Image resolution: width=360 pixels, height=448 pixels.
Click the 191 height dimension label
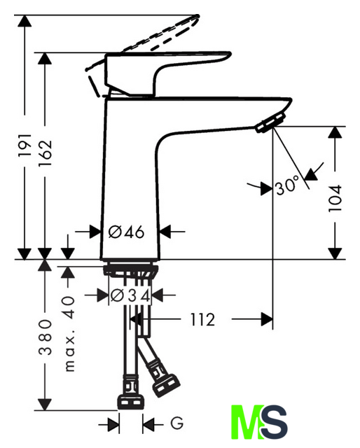pos(25,144)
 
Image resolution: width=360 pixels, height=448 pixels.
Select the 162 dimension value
pos(45,153)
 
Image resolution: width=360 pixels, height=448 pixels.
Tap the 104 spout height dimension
pos(335,198)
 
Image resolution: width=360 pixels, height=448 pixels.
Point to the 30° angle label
pos(287,185)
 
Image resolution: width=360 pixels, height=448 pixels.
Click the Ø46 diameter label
pos(126,232)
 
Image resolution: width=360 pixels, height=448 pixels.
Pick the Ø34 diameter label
pos(130,295)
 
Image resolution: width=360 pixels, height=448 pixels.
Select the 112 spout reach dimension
pos(202,319)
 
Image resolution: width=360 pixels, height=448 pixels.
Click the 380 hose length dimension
pos(46,337)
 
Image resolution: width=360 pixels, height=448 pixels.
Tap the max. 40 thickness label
pos(69,334)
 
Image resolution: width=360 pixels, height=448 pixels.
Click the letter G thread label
pos(177,423)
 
